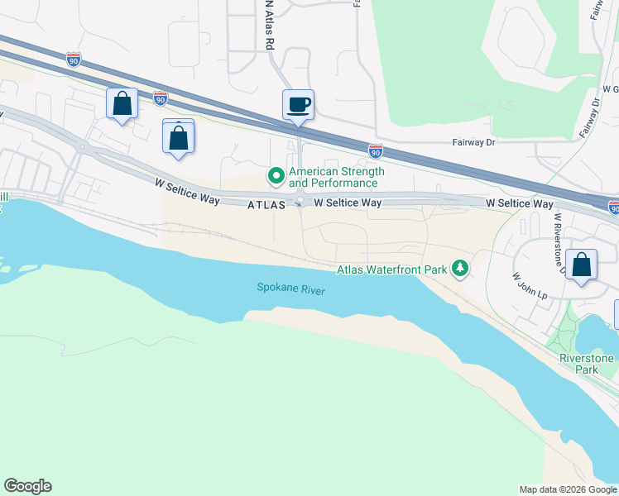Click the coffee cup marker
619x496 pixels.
pyautogui.click(x=299, y=105)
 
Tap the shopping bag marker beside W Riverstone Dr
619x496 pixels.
pyautogui.click(x=583, y=265)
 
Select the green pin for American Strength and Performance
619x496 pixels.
pyautogui.click(x=275, y=176)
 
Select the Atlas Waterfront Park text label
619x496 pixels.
pyautogui.click(x=391, y=269)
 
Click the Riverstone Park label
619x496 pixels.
pyautogui.click(x=587, y=364)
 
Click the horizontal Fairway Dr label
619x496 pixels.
pyautogui.click(x=473, y=142)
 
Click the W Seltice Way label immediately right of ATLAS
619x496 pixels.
pyautogui.click(x=348, y=203)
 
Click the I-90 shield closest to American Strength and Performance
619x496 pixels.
pyautogui.click(x=376, y=150)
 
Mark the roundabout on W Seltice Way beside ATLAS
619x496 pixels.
pyautogui.click(x=299, y=203)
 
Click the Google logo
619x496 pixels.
pyautogui.click(x=27, y=486)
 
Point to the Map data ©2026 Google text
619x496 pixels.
pyautogui.click(x=567, y=489)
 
